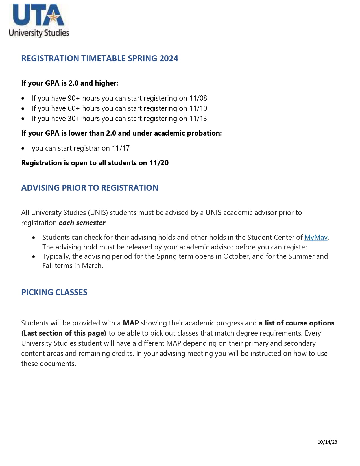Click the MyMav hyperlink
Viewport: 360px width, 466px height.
pos(316,238)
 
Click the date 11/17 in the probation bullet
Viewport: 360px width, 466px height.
pos(121,148)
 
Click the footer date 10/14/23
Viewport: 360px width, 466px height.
pos(327,442)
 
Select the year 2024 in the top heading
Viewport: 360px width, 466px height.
pos(169,58)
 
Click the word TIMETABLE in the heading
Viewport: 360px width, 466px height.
pos(103,58)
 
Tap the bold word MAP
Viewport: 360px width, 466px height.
pos(131,323)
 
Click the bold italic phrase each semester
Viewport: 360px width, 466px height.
pos(82,223)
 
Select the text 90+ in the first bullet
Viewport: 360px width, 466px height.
pos(74,98)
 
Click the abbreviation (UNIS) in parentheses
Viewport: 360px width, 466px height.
pos(98,213)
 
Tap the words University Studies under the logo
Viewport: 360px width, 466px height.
pos(39,33)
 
